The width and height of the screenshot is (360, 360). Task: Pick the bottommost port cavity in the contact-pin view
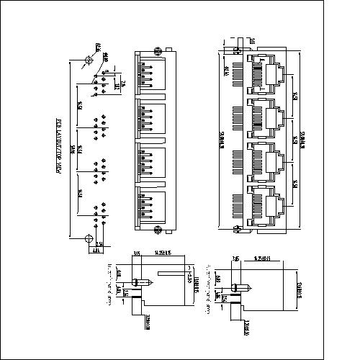153,209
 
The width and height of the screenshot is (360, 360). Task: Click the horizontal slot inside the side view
171,274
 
